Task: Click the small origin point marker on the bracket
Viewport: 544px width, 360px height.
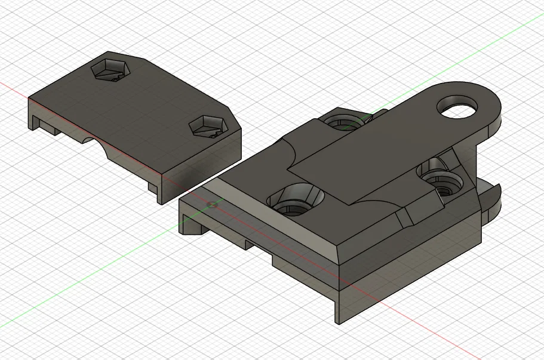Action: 210,204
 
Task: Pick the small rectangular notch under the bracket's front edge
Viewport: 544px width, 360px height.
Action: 250,244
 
